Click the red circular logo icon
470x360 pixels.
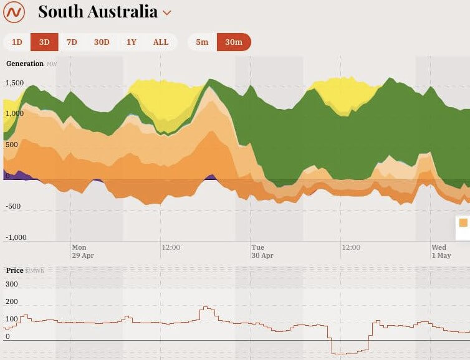pyautogui.click(x=14, y=11)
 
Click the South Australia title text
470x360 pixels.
pyautogui.click(x=98, y=11)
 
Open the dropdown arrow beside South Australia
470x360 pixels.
pyautogui.click(x=166, y=12)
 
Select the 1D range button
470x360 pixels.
pyautogui.click(x=17, y=42)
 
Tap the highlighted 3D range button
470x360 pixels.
pyautogui.click(x=44, y=42)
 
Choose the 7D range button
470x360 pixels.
pyautogui.click(x=72, y=42)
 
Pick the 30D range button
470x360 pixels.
pyautogui.click(x=102, y=42)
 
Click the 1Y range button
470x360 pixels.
pyautogui.click(x=132, y=42)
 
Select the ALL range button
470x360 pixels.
pyautogui.click(x=161, y=42)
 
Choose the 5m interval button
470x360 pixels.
pyautogui.click(x=202, y=42)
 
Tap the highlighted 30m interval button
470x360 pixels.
pyautogui.click(x=234, y=42)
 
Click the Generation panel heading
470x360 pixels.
pyautogui.click(x=25, y=64)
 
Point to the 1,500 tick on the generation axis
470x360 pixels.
pyautogui.click(x=14, y=83)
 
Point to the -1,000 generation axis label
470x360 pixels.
pyautogui.click(x=16, y=237)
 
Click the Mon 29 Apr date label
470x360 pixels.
pyautogui.click(x=82, y=252)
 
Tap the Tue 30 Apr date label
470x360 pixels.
pyautogui.click(x=262, y=252)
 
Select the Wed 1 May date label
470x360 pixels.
pyautogui.click(x=441, y=252)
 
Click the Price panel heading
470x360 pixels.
pyautogui.click(x=15, y=270)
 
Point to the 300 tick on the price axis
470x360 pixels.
pyautogui.click(x=12, y=284)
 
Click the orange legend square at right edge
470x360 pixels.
pyautogui.click(x=463, y=222)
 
